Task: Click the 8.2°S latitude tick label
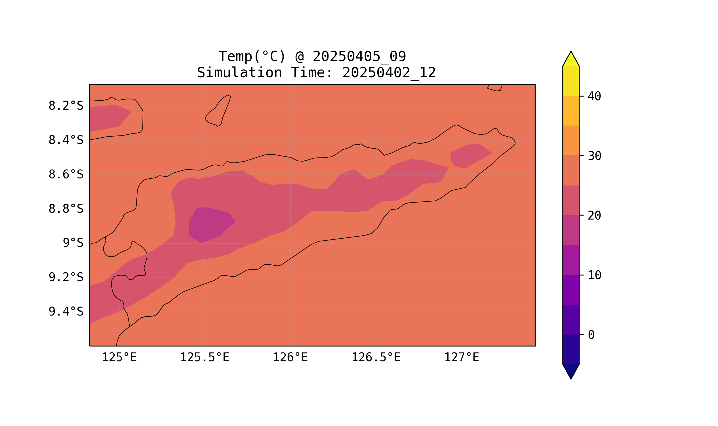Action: pyautogui.click(x=66, y=106)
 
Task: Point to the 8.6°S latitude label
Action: pyautogui.click(x=66, y=175)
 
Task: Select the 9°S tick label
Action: pyautogui.click(x=73, y=243)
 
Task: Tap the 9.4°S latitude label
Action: pyautogui.click(x=66, y=312)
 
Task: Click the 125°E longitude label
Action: pyautogui.click(x=119, y=357)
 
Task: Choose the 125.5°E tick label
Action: pyautogui.click(x=205, y=357)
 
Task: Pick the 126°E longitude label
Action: pyautogui.click(x=290, y=357)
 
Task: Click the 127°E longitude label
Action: pyautogui.click(x=461, y=357)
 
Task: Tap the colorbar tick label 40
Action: pyautogui.click(x=594, y=97)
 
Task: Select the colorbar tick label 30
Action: pyautogui.click(x=594, y=156)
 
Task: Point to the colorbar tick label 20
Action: pyautogui.click(x=594, y=216)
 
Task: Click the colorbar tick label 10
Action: pyautogui.click(x=594, y=275)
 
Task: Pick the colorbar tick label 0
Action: pyautogui.click(x=591, y=335)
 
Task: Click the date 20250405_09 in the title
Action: pyautogui.click(x=359, y=57)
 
